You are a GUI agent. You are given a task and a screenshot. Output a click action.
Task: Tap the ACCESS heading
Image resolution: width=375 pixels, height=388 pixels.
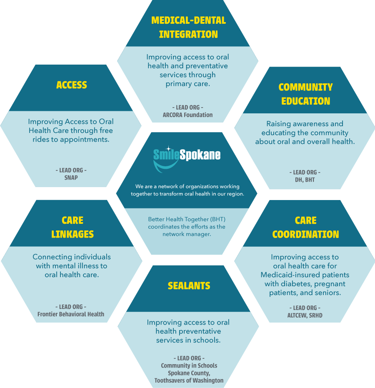coord(72,85)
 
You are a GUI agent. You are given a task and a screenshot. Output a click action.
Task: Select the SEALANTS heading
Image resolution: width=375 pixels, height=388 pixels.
coord(189,286)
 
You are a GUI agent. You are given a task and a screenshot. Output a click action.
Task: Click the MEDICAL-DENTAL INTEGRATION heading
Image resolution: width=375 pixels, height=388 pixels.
coord(188,27)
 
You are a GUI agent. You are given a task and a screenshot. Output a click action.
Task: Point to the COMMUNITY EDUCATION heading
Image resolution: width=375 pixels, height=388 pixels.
coord(305,94)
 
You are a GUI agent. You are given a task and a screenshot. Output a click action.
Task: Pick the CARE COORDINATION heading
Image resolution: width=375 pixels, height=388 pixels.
coord(305,227)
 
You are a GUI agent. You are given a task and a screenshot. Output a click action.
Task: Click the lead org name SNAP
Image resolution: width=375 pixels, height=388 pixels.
coord(71,178)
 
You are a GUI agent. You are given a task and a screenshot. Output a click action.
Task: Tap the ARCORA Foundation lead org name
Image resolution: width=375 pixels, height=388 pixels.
coord(187,115)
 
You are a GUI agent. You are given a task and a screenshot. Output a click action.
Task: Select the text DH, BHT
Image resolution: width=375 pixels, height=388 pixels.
coord(305,180)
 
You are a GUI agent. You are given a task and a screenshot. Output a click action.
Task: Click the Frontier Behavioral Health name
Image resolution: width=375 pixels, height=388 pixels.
coord(71,314)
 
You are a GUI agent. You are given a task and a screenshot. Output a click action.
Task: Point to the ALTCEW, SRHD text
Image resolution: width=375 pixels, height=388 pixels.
coord(305,315)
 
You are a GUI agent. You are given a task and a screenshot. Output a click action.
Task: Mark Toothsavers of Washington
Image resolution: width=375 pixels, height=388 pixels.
coord(189,380)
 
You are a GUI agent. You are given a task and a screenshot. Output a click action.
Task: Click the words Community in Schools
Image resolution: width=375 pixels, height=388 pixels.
coord(189,365)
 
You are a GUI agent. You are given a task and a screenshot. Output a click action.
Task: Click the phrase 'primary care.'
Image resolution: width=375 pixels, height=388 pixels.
coord(187,84)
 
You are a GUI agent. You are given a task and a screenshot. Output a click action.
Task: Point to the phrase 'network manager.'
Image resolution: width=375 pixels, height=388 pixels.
coord(187,234)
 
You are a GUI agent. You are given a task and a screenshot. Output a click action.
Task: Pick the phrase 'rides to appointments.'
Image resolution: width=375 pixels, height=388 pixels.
coord(71,140)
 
